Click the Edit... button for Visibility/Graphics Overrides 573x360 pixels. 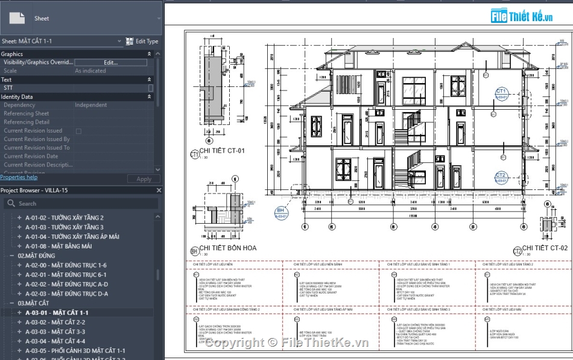coord(110,62)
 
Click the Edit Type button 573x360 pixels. coord(142,41)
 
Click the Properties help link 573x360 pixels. coord(19,177)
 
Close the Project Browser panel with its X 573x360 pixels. coord(159,191)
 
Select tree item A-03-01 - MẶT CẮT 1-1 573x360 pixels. coord(57,313)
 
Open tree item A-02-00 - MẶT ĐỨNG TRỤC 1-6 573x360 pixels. coord(66,265)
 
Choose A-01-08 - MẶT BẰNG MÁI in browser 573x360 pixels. coord(59,246)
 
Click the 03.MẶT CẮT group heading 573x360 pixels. coord(34,303)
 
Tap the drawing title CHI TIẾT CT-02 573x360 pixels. coord(544,248)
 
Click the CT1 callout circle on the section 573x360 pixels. coord(501,93)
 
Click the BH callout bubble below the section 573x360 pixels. coord(280,212)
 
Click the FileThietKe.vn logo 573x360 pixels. coord(522,16)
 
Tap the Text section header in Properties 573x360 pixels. coord(7,80)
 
